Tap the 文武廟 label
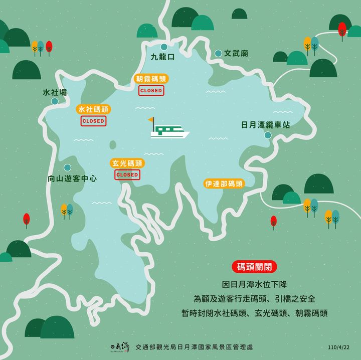click(236, 53)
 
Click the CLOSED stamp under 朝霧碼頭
click(151, 90)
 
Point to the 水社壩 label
click(55, 92)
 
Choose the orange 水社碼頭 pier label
click(93, 109)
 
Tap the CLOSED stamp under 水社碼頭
click(93, 121)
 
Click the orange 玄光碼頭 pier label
click(127, 163)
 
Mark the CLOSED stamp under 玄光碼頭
click(127, 174)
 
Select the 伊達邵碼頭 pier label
click(224, 184)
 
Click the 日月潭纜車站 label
click(265, 124)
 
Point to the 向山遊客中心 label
click(72, 178)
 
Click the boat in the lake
click(170, 132)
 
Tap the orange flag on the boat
click(151, 120)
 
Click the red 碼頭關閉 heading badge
click(254, 267)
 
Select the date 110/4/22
click(338, 346)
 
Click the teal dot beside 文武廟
click(218, 53)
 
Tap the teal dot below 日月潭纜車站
click(268, 135)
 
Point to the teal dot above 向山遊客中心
click(67, 167)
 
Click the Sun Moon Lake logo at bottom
click(119, 346)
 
